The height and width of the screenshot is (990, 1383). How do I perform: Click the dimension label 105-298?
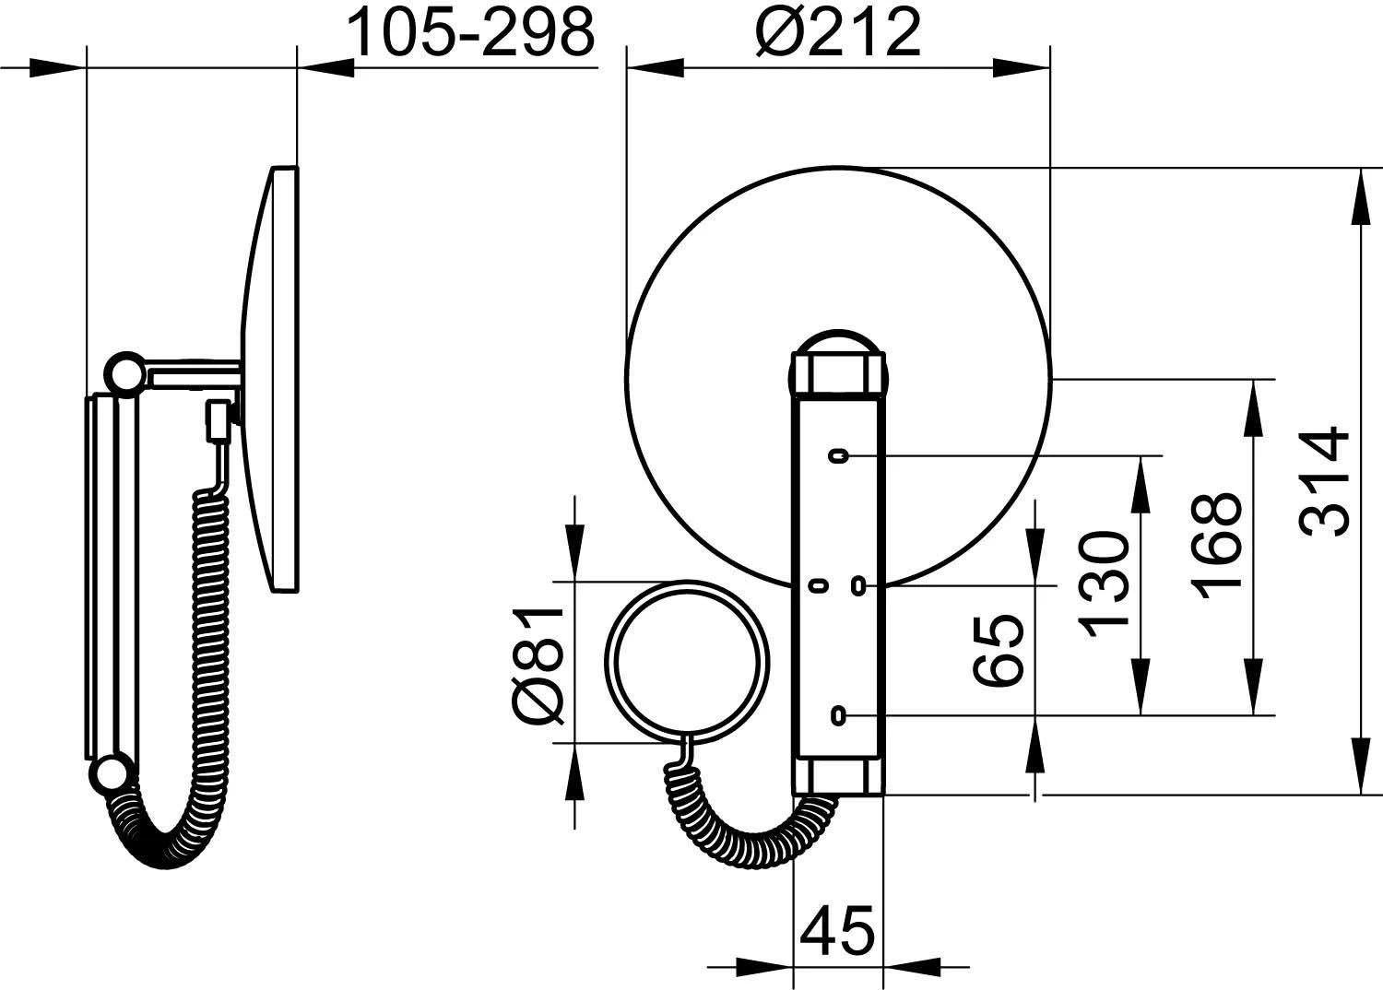(471, 33)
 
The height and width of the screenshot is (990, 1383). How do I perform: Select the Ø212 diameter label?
(837, 33)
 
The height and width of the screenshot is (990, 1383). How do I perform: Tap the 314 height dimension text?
(1326, 480)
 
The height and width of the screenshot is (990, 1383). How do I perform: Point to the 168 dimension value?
(1216, 547)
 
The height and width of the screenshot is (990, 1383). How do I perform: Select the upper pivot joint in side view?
(124, 373)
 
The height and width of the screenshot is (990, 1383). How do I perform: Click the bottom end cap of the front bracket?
(838, 775)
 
